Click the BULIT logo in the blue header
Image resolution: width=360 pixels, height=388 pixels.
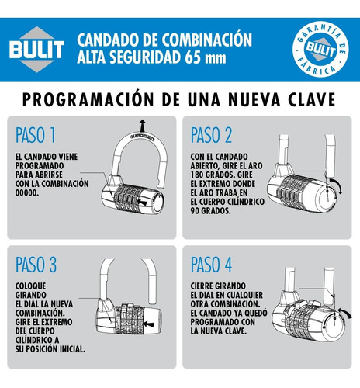36,49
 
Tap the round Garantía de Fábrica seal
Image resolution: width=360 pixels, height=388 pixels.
320,49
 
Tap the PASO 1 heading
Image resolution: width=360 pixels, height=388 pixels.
36,135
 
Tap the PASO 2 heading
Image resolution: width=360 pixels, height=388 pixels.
211,135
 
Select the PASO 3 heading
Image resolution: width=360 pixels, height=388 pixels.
36,265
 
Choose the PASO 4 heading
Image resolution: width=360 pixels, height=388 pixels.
211,265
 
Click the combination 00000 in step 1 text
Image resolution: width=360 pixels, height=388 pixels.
27,192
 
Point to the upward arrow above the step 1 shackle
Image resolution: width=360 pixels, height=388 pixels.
142,126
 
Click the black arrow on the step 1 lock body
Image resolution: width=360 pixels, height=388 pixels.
142,202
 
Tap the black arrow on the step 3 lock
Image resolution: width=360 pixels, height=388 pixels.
149,324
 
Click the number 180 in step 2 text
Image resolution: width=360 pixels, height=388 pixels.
197,175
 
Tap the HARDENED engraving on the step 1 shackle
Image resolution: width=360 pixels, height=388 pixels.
142,137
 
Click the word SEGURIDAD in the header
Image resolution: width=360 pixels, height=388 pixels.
145,57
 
